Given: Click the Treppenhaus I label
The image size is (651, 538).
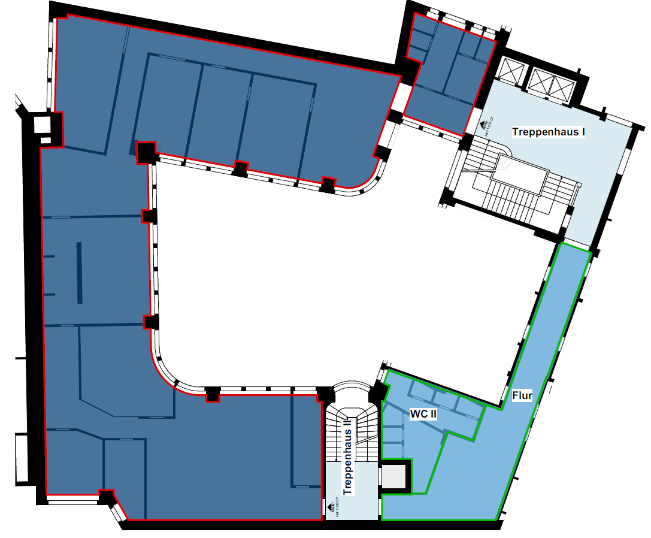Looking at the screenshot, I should point(548,131).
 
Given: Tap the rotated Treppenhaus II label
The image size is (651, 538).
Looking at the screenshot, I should point(347,455).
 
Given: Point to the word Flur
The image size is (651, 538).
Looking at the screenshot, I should point(522,396).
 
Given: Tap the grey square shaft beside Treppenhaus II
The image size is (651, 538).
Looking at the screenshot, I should point(395,477).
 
